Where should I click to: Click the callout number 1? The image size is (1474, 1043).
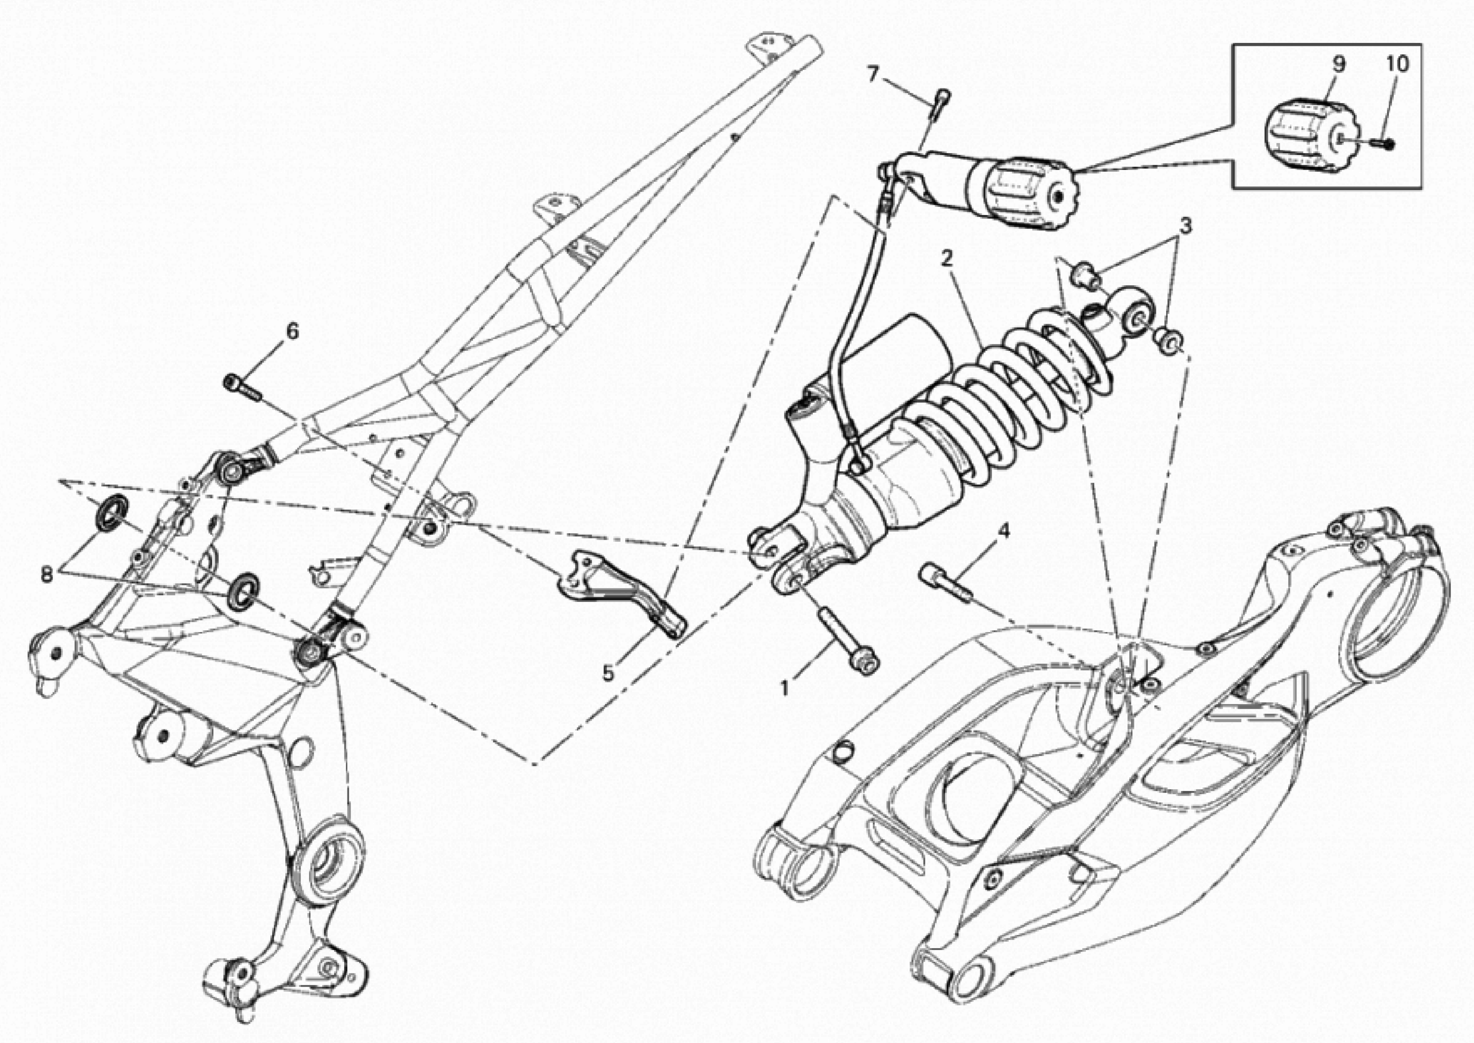click(784, 688)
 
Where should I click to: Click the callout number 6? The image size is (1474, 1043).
click(292, 331)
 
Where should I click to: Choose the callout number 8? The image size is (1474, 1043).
click(46, 574)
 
